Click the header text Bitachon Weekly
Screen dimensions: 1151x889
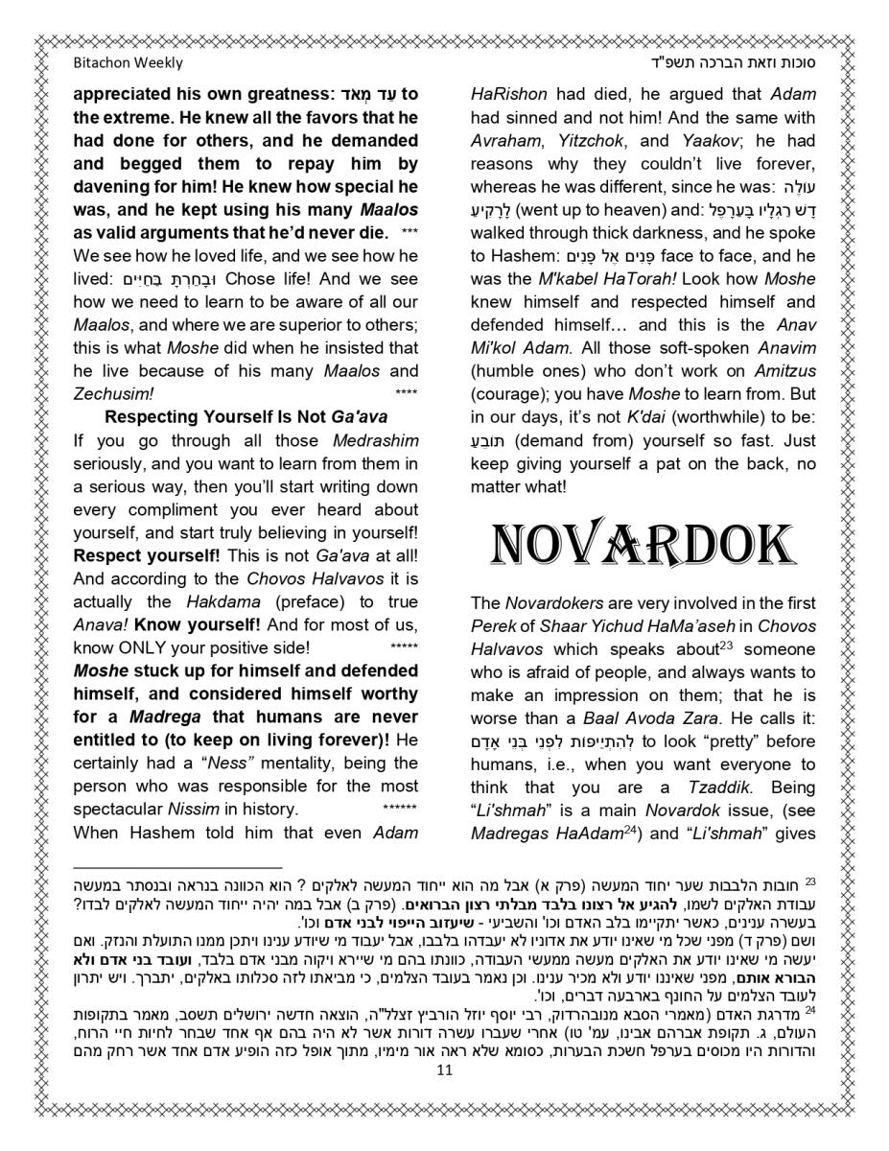pyautogui.click(x=128, y=63)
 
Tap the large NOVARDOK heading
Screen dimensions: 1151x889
pyautogui.click(x=643, y=546)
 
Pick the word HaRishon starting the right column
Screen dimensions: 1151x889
pyautogui.click(x=508, y=94)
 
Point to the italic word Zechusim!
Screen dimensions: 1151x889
pyautogui.click(x=113, y=393)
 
